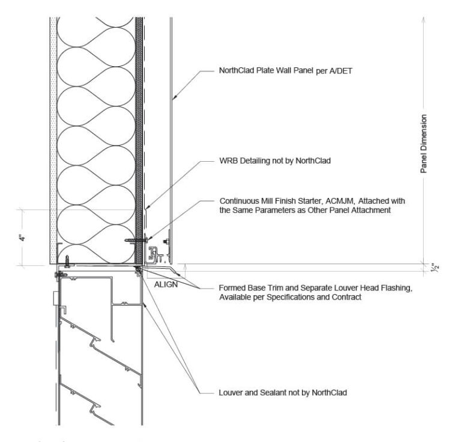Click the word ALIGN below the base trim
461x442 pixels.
(166, 284)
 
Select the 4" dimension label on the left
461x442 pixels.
(22, 238)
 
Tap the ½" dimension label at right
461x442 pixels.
(435, 268)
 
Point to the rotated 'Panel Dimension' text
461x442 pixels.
(423, 144)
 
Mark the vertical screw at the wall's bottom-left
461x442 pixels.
(67, 261)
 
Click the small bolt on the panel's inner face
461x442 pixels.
(166, 242)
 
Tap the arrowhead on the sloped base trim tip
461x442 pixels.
(179, 274)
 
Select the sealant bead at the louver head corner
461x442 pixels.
(137, 269)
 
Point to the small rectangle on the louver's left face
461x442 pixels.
(55, 298)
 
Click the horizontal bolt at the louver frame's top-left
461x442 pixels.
(61, 274)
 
